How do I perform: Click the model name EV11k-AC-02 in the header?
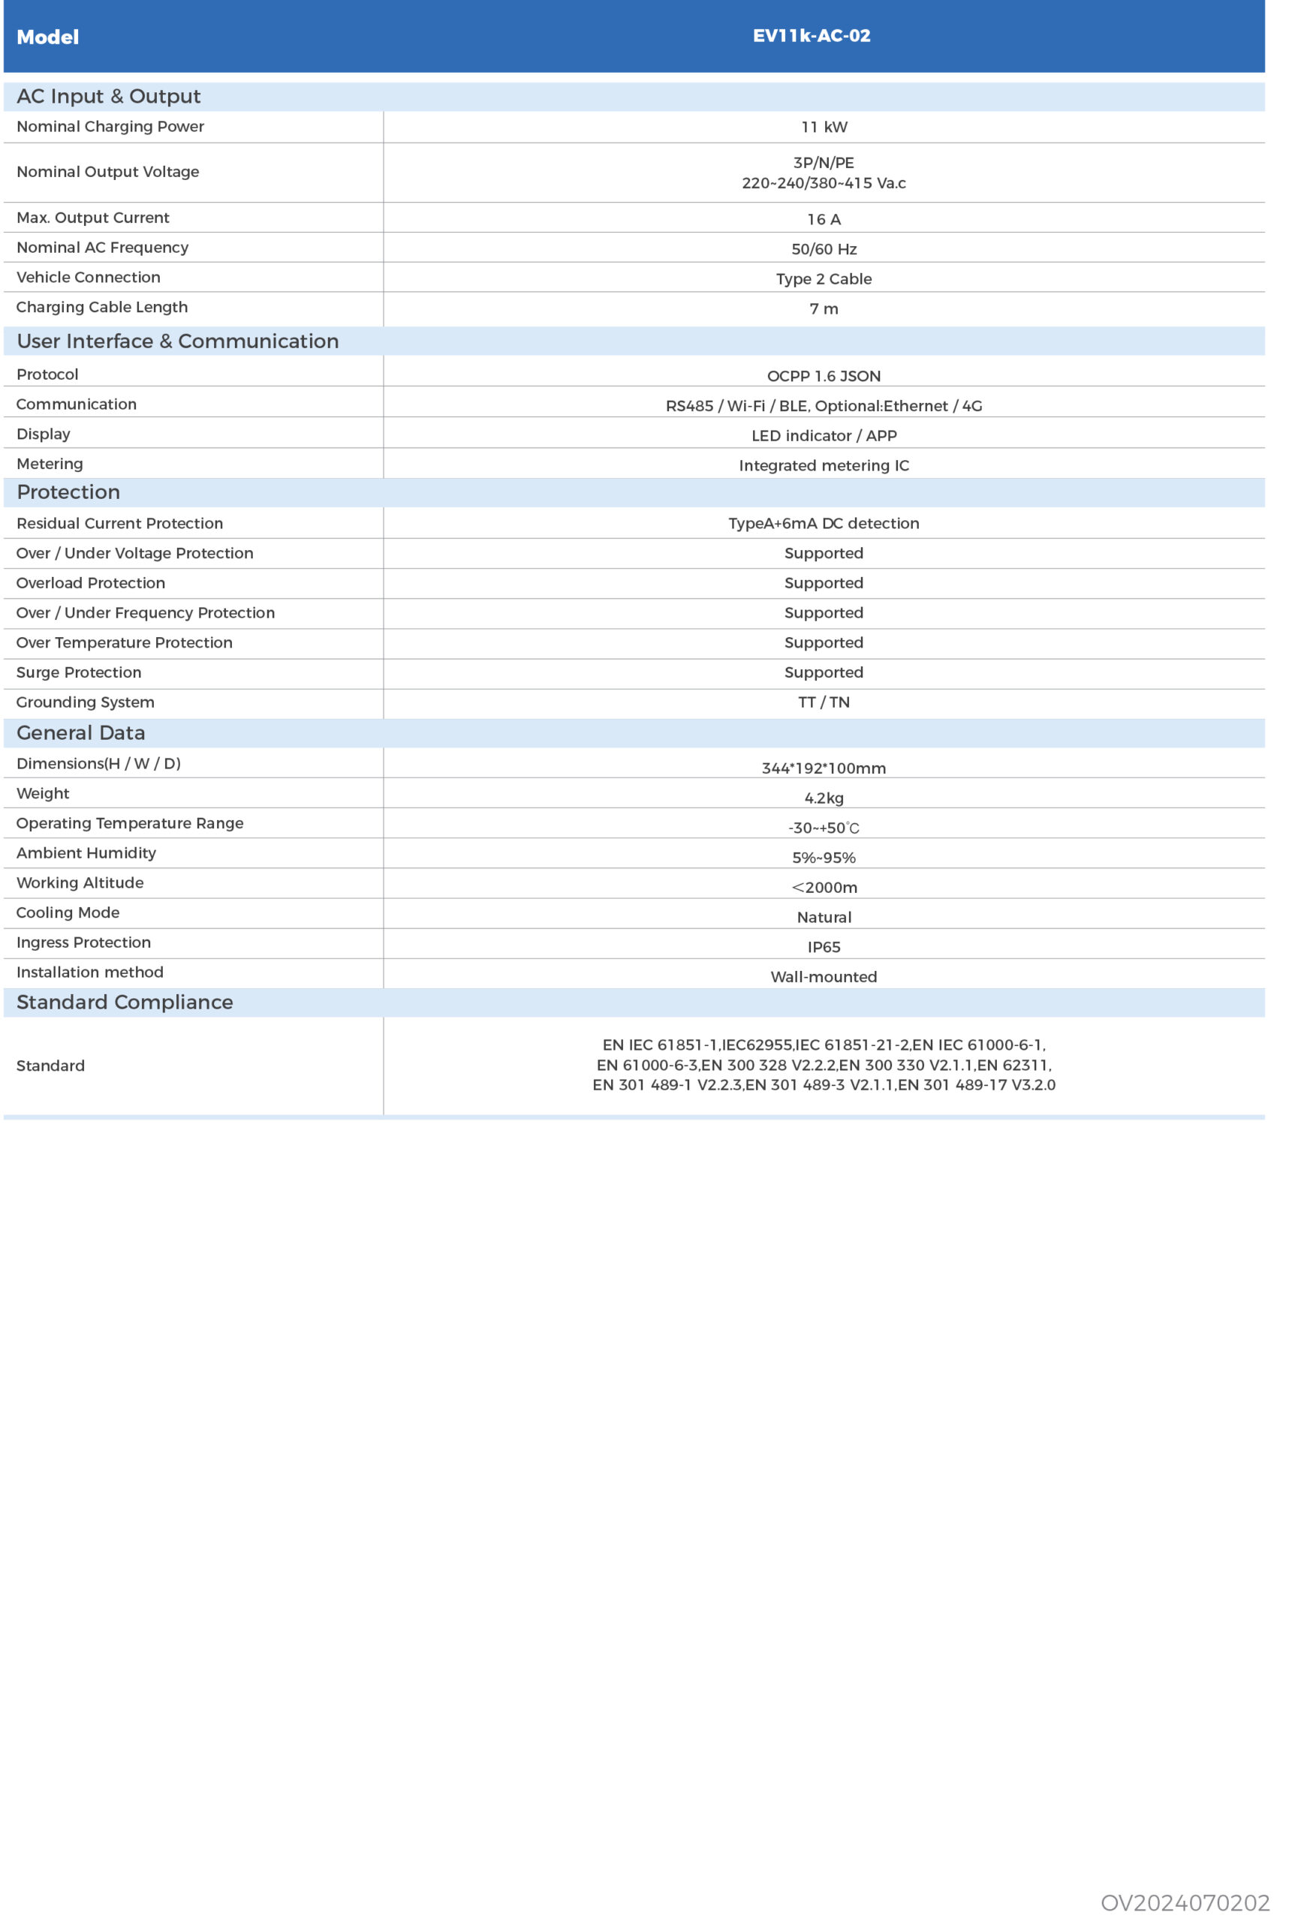811,36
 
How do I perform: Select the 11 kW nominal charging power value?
824,127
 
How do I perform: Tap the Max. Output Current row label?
92,218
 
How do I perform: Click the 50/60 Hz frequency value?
824,249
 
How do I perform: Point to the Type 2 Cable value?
824,279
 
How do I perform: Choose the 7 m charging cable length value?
824,308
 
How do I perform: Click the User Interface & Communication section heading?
178,341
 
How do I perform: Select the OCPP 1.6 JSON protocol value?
824,377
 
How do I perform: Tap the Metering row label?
50,464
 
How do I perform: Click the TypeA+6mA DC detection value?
824,523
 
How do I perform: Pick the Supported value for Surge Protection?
824,673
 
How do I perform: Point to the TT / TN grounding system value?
824,702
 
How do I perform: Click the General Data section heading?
81,733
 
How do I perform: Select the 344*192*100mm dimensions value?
824,768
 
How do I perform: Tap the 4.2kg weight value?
824,798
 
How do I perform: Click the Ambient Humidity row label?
86,854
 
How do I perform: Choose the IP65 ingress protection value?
824,948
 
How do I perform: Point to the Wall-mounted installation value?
824,978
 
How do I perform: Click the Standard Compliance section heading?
125,1003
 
